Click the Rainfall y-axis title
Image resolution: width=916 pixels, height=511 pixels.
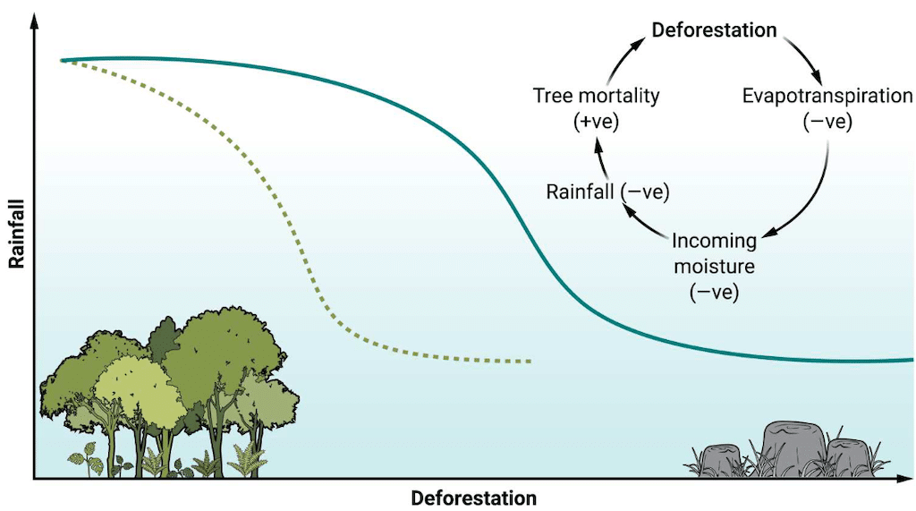point(16,234)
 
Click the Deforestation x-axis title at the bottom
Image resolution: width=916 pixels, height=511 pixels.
point(473,498)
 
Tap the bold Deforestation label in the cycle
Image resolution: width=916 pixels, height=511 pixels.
point(713,30)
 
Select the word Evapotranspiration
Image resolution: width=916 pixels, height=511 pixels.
point(827,97)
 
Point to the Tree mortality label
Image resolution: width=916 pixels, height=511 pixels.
point(596,96)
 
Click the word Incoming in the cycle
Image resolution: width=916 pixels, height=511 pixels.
point(714,241)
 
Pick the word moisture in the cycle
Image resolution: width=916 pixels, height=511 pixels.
point(713,266)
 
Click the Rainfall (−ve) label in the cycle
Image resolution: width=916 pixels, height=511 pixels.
point(607,191)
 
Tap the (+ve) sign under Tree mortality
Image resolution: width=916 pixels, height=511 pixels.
point(596,121)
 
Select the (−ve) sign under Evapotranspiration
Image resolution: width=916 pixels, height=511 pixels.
point(827,122)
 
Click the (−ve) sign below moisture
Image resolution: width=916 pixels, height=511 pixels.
point(713,291)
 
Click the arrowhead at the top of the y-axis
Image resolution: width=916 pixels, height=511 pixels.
point(34,21)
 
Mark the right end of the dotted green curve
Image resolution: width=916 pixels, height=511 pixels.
point(530,362)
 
